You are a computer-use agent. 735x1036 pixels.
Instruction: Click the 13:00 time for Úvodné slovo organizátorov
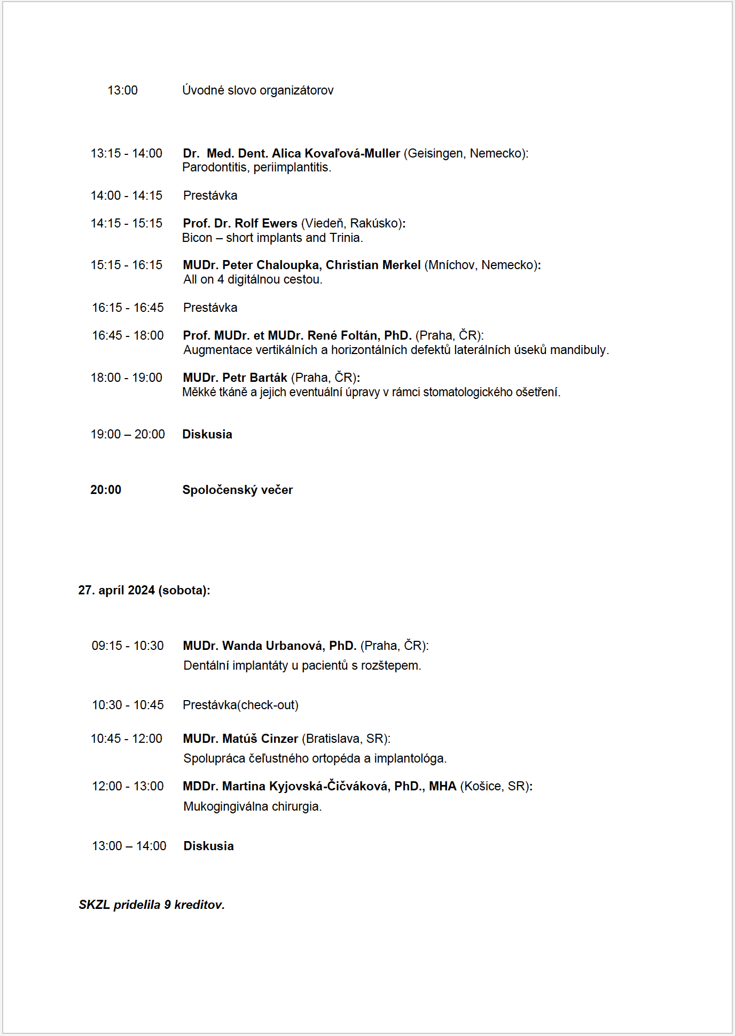[x=122, y=90]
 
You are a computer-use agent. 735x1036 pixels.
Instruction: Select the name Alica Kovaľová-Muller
[x=335, y=154]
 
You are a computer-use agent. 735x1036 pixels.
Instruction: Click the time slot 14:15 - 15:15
[x=127, y=223]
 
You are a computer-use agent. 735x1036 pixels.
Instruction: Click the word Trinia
[x=345, y=238]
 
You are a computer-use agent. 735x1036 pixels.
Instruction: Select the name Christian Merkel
[x=373, y=265]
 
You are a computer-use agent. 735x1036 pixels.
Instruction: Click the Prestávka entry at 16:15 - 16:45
[x=210, y=308]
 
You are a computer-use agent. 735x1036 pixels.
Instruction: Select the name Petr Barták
[x=255, y=378]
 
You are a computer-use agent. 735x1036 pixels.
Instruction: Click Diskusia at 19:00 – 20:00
[x=207, y=434]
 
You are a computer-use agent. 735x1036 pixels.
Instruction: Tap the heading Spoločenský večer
[x=238, y=490]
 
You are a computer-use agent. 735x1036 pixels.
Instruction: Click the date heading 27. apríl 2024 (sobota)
[x=144, y=590]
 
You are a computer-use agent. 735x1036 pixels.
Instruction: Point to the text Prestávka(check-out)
[x=240, y=705]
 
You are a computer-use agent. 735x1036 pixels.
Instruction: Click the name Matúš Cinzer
[x=260, y=739]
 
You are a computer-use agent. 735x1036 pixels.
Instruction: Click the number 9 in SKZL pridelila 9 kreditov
[x=167, y=905]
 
